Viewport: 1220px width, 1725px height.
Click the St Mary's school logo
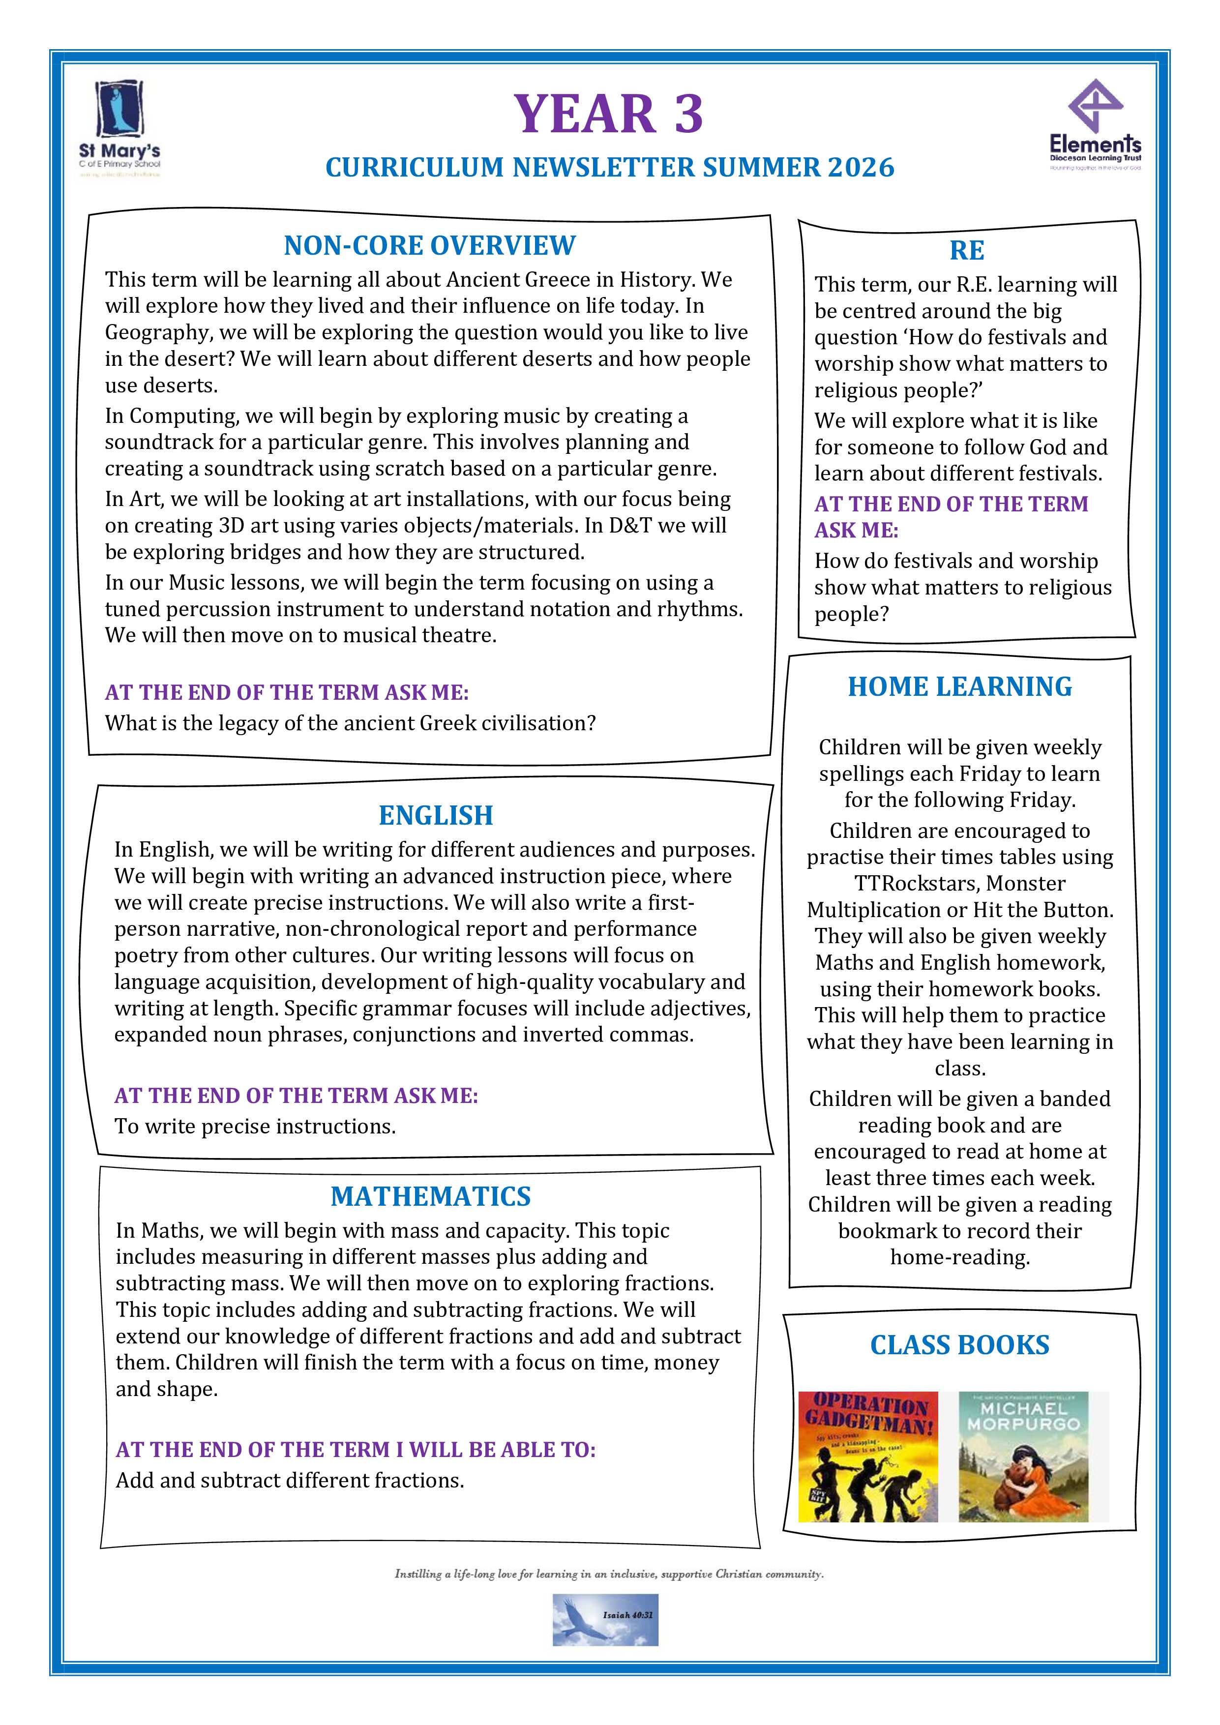(120, 128)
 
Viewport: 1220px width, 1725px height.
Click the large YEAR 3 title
(608, 114)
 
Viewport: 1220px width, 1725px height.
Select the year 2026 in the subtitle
(861, 167)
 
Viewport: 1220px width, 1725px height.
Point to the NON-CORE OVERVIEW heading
(430, 246)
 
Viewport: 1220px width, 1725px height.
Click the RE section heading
(967, 250)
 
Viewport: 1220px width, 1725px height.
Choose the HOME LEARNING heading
(960, 686)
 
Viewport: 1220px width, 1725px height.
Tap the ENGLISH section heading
(436, 815)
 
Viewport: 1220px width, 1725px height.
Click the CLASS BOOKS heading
(959, 1345)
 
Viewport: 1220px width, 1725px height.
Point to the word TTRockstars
(959, 884)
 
